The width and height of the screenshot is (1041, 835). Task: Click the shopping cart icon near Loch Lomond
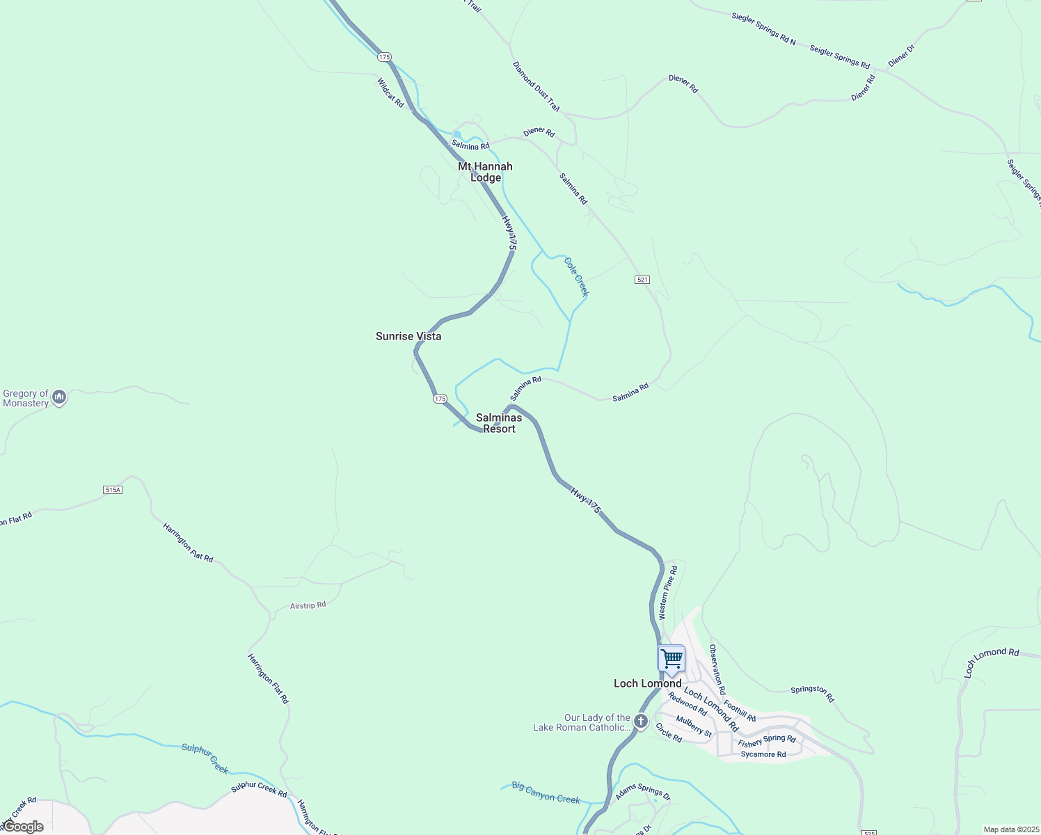[x=672, y=658]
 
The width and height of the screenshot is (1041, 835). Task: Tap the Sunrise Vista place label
[x=408, y=336]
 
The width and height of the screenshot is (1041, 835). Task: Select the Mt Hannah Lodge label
[x=485, y=172]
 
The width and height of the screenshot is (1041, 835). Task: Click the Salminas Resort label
[x=499, y=423]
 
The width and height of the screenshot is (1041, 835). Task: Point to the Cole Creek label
[x=576, y=277]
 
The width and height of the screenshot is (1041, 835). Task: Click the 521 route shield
[x=642, y=280]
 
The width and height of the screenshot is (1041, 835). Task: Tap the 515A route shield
[x=113, y=490]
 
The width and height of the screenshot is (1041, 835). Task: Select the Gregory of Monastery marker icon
[x=59, y=397]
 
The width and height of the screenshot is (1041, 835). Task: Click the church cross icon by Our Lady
[x=641, y=722]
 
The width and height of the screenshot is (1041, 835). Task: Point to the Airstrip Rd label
[x=308, y=606]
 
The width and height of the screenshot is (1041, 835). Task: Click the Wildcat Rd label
[x=390, y=93]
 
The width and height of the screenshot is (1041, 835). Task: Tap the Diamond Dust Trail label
[x=536, y=87]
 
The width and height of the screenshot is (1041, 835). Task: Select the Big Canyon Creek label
[x=546, y=792]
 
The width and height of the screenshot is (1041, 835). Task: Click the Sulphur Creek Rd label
[x=259, y=789]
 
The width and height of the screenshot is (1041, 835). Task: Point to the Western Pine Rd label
[x=667, y=592]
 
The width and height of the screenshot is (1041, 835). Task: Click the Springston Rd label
[x=812, y=692]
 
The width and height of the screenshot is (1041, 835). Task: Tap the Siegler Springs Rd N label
[x=763, y=29]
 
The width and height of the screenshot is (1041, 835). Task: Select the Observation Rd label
[x=717, y=669]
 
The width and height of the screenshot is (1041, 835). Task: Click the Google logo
[x=22, y=827]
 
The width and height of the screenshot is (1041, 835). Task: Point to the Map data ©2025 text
[x=1011, y=829]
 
